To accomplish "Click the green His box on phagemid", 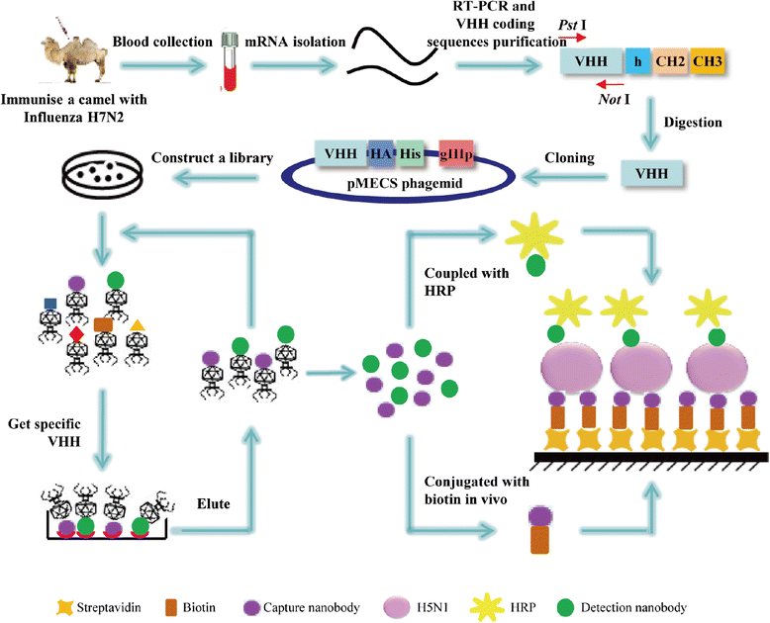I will click(412, 154).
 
